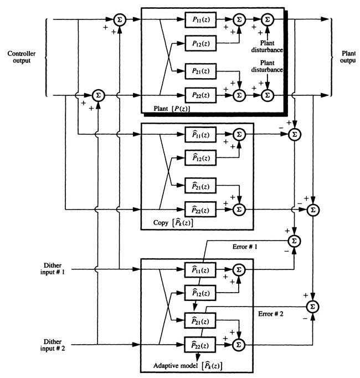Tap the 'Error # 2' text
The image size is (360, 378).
(x=272, y=314)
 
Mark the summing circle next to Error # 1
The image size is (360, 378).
(x=294, y=241)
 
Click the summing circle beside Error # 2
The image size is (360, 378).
(x=313, y=306)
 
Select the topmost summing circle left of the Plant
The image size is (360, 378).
(x=119, y=20)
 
